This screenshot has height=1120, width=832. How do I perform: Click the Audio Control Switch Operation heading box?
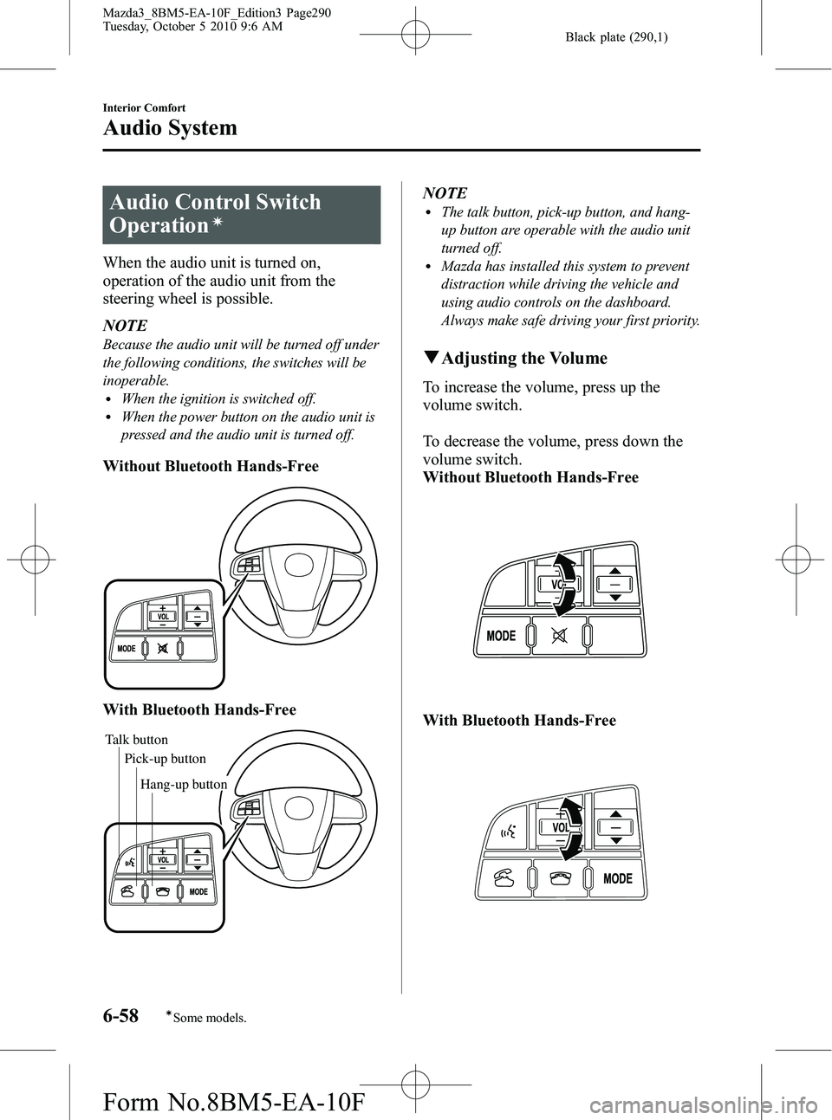[242, 214]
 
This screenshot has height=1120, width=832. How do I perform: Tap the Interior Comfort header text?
[143, 107]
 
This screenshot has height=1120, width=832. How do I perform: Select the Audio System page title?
[170, 128]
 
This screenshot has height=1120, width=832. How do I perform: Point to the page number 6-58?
[121, 1016]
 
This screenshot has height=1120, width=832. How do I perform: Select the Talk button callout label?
[136, 740]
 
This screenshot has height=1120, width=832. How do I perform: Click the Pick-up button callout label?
[165, 759]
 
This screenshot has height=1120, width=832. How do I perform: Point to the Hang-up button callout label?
[183, 785]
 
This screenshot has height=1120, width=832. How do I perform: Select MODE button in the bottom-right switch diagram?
[617, 878]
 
